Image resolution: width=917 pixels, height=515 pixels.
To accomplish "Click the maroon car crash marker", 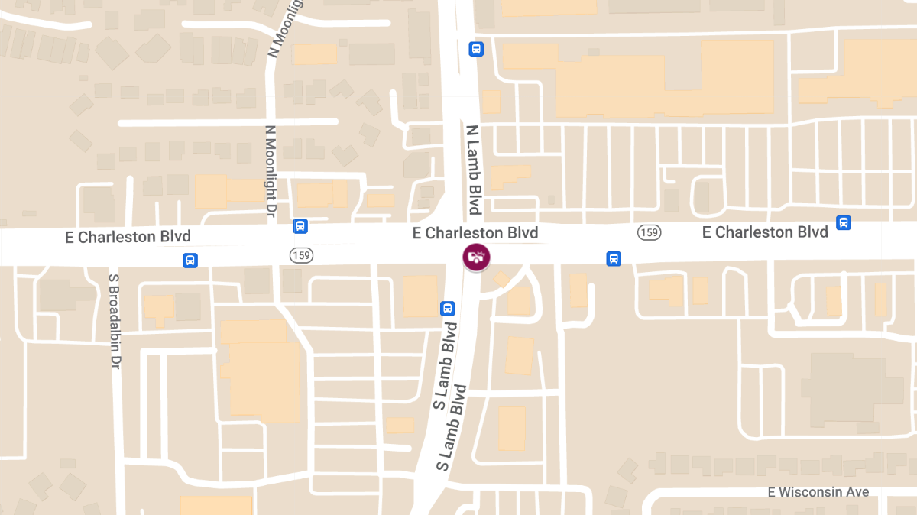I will click(476, 257).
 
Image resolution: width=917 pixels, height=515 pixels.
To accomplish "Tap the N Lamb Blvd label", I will click(474, 170).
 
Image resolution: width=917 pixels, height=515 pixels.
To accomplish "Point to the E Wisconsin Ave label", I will click(818, 492).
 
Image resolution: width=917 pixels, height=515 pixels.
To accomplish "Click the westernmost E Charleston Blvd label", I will click(128, 237).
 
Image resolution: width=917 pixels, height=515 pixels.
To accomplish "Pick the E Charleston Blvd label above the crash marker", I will click(475, 233).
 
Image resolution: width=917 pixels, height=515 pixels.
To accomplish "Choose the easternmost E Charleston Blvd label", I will click(765, 232).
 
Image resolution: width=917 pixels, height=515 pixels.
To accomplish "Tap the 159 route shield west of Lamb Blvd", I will click(300, 254).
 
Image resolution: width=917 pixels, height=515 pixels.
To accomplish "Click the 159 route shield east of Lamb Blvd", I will click(649, 232).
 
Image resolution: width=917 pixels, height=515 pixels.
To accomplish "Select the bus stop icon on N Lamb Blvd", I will click(476, 50).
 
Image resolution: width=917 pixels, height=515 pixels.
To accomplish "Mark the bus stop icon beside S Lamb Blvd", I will click(447, 309).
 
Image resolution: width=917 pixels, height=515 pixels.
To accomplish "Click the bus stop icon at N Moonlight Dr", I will click(300, 227).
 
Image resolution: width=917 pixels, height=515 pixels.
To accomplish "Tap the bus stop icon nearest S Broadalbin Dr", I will click(190, 261).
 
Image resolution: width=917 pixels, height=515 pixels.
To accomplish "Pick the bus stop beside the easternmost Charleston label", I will click(844, 223).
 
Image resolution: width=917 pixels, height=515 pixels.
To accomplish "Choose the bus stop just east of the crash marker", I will click(614, 259).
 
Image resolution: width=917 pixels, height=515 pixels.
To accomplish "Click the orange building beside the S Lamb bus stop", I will click(420, 296).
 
